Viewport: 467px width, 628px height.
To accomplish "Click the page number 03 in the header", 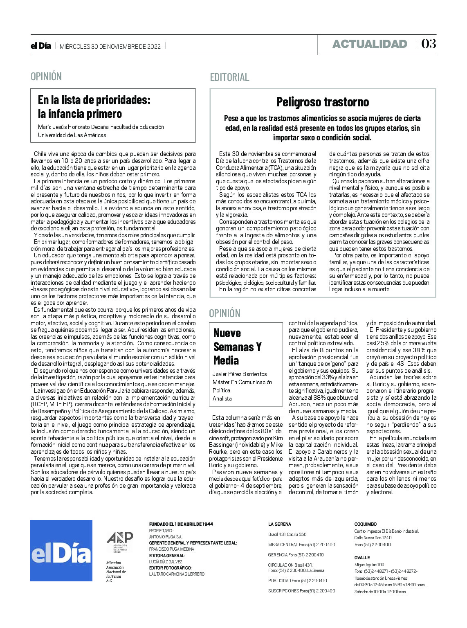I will tap(429, 44).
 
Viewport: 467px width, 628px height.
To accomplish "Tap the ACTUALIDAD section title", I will tap(370, 44).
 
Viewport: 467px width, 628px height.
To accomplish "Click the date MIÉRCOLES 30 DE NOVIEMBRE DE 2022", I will tap(110, 46).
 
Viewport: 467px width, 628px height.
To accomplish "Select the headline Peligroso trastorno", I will tap(323, 102).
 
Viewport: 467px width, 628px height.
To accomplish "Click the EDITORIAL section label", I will tap(229, 77).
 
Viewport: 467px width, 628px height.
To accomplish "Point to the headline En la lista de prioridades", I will tap(94, 106).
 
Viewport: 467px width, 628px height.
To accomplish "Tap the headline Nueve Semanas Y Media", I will tap(237, 347).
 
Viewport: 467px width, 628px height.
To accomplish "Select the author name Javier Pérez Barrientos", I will tap(240, 374).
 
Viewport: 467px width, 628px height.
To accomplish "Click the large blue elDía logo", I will tap(61, 551).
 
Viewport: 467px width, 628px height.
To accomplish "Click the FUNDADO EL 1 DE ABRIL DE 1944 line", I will tap(181, 524).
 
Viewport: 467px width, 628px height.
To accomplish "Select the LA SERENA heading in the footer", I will tap(280, 524).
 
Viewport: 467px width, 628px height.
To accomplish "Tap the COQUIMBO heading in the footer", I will tap(365, 524).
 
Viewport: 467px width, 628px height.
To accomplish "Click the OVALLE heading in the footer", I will tap(362, 558).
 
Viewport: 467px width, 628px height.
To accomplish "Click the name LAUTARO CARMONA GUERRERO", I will tap(177, 574).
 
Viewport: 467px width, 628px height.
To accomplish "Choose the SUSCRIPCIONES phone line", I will tap(301, 591).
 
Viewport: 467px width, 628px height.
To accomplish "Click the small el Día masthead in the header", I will tap(41, 46).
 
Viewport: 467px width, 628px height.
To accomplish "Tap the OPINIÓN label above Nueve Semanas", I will tap(225, 313).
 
